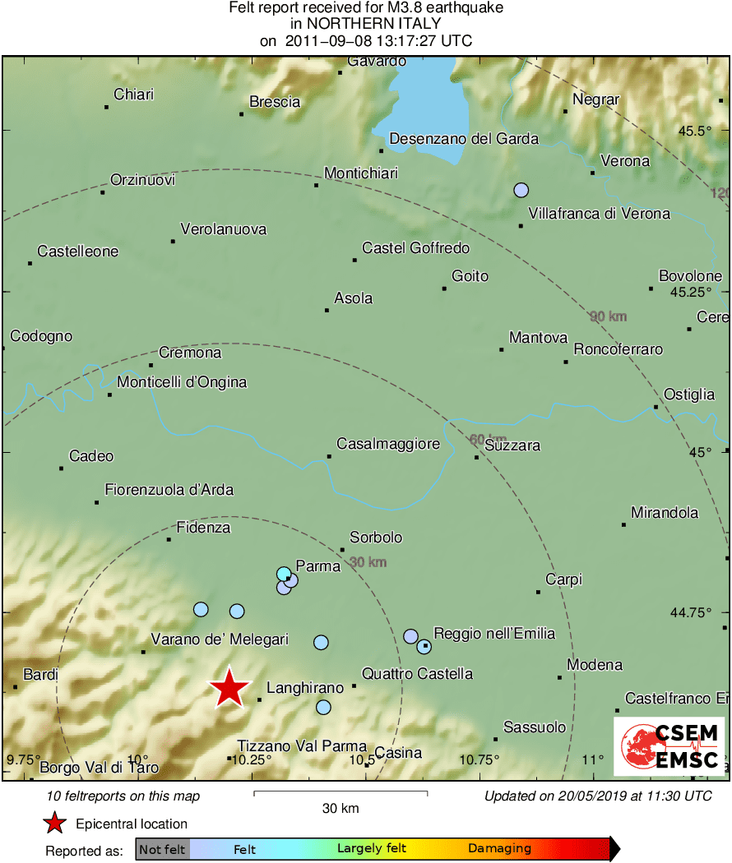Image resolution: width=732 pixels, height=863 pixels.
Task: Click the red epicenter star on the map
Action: pyautogui.click(x=229, y=688)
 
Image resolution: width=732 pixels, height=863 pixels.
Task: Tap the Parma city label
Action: pyautogui.click(x=317, y=566)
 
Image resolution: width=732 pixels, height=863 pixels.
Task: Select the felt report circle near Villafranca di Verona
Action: pyautogui.click(x=521, y=190)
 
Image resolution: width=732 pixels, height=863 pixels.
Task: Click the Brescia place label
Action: pyautogui.click(x=275, y=103)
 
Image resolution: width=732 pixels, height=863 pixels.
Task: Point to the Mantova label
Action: pyautogui.click(x=538, y=338)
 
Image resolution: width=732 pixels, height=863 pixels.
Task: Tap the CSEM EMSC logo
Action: pyautogui.click(x=669, y=746)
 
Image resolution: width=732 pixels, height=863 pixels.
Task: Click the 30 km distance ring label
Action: pyautogui.click(x=368, y=562)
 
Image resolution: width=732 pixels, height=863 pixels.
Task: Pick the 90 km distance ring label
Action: pyautogui.click(x=608, y=316)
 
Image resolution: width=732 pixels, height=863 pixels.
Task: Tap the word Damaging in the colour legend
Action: pyautogui.click(x=499, y=848)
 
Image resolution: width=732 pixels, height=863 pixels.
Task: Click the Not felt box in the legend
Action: pyautogui.click(x=162, y=848)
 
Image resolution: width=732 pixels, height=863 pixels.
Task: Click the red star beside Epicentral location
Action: pyautogui.click(x=55, y=823)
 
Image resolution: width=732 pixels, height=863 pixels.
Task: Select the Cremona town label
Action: pyautogui.click(x=190, y=353)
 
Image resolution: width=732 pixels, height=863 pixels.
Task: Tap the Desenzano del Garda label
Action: pyautogui.click(x=464, y=139)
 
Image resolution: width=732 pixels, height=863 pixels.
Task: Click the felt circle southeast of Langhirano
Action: pyautogui.click(x=323, y=707)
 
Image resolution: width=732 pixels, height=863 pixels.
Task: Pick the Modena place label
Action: pyautogui.click(x=595, y=665)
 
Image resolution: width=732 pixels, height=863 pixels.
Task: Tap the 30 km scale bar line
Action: pyautogui.click(x=341, y=792)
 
